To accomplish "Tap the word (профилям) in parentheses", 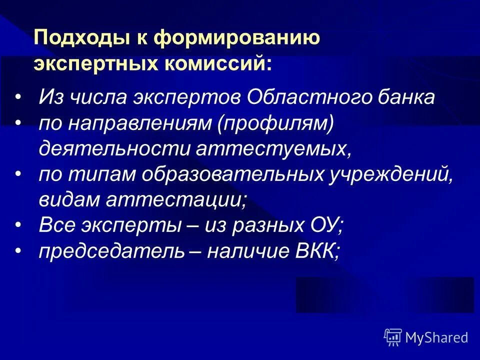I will click(x=274, y=123).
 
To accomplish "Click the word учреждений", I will click(x=389, y=174).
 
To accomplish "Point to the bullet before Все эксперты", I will click(x=18, y=226).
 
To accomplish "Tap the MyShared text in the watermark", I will click(x=436, y=337).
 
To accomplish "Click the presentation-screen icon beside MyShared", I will click(x=393, y=337).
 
